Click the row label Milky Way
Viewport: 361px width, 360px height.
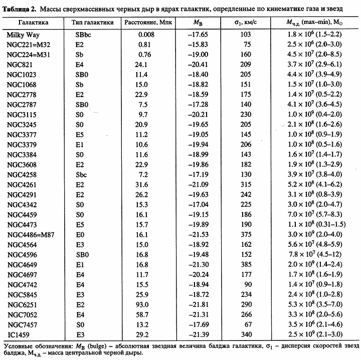(24, 35)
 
